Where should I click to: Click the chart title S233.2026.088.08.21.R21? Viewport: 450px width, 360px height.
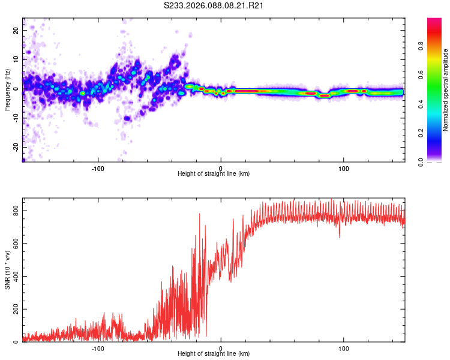214,5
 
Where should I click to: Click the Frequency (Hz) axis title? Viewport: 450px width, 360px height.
7,90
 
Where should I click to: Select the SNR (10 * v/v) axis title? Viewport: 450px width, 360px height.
7,270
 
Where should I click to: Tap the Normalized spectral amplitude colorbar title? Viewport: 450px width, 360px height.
446,90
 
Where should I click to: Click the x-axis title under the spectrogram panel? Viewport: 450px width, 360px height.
214,174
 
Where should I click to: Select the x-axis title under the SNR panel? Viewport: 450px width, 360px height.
214,355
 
